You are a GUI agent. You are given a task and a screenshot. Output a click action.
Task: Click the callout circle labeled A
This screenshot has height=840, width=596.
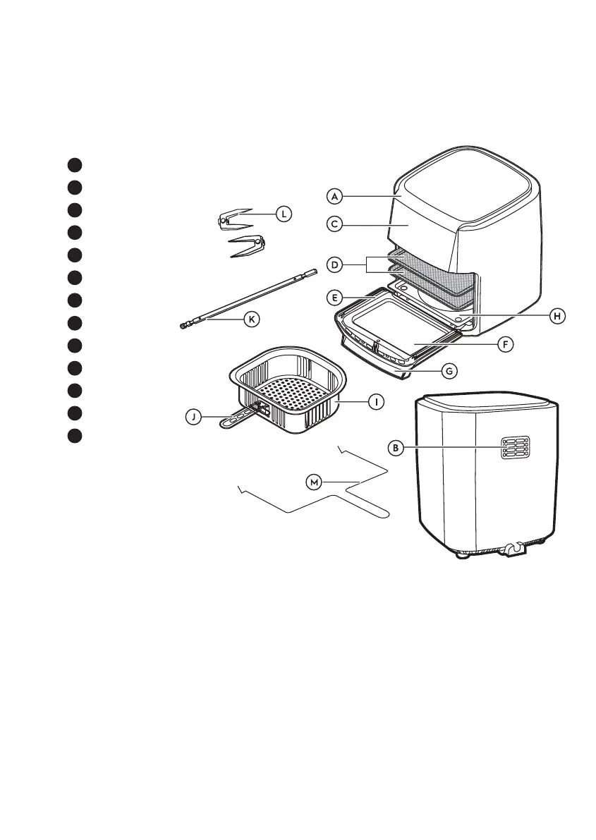335,195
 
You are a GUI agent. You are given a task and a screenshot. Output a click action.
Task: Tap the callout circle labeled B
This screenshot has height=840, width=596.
397,447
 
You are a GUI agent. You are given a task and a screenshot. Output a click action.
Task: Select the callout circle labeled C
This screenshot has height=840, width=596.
335,224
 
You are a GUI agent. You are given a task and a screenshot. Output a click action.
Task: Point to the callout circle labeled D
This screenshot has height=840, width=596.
335,265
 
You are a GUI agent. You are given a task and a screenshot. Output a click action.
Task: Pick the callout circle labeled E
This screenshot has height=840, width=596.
335,298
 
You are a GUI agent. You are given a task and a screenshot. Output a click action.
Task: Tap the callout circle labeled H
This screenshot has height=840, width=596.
557,317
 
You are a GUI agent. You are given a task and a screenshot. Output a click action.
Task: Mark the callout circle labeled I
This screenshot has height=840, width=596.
377,401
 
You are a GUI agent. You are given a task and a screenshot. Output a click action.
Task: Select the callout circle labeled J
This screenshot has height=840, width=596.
192,417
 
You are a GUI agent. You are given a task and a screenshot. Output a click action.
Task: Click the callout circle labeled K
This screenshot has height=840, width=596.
250,319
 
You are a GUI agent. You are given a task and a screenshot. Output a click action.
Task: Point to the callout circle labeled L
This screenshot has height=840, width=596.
283,213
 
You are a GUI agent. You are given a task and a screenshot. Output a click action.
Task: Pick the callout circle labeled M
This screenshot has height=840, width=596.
315,482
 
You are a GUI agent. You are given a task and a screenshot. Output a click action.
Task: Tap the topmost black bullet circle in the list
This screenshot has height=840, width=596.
75,164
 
